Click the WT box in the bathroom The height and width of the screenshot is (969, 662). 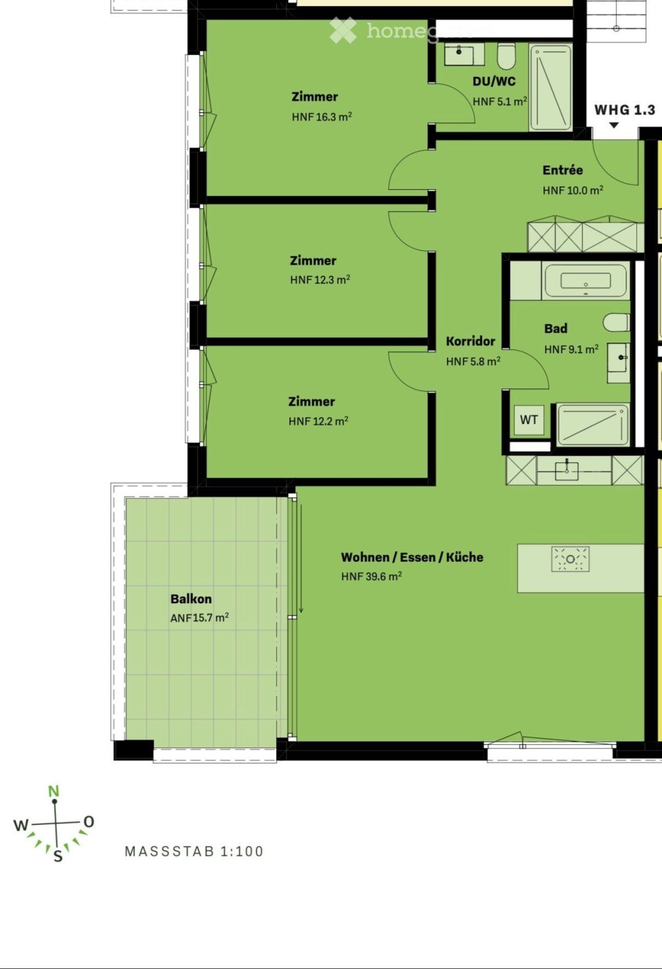tap(529, 420)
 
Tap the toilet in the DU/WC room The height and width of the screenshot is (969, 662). tap(506, 56)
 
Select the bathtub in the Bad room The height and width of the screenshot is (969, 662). tap(585, 280)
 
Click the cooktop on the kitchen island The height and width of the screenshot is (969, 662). tap(570, 559)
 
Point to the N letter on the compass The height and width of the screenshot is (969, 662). tap(54, 791)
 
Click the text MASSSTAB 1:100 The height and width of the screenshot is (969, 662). tap(194, 852)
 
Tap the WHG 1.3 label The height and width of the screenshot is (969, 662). tap(624, 110)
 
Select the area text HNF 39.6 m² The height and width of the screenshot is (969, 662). tap(371, 576)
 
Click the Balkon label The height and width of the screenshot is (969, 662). tap(191, 599)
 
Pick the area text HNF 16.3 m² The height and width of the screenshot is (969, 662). tap(322, 117)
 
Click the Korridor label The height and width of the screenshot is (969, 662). tap(471, 341)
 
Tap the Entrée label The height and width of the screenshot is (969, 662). tap(563, 170)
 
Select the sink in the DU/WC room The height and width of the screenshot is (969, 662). tap(462, 54)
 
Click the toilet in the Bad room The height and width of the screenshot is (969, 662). tap(616, 323)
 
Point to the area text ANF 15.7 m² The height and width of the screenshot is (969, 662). tap(199, 618)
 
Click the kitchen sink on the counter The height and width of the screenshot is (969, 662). tap(567, 470)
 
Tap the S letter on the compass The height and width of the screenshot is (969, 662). tap(58, 856)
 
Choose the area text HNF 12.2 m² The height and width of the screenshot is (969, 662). tap(318, 421)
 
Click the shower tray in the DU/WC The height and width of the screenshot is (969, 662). tap(551, 87)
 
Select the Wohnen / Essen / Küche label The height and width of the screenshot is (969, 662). tap(412, 557)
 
